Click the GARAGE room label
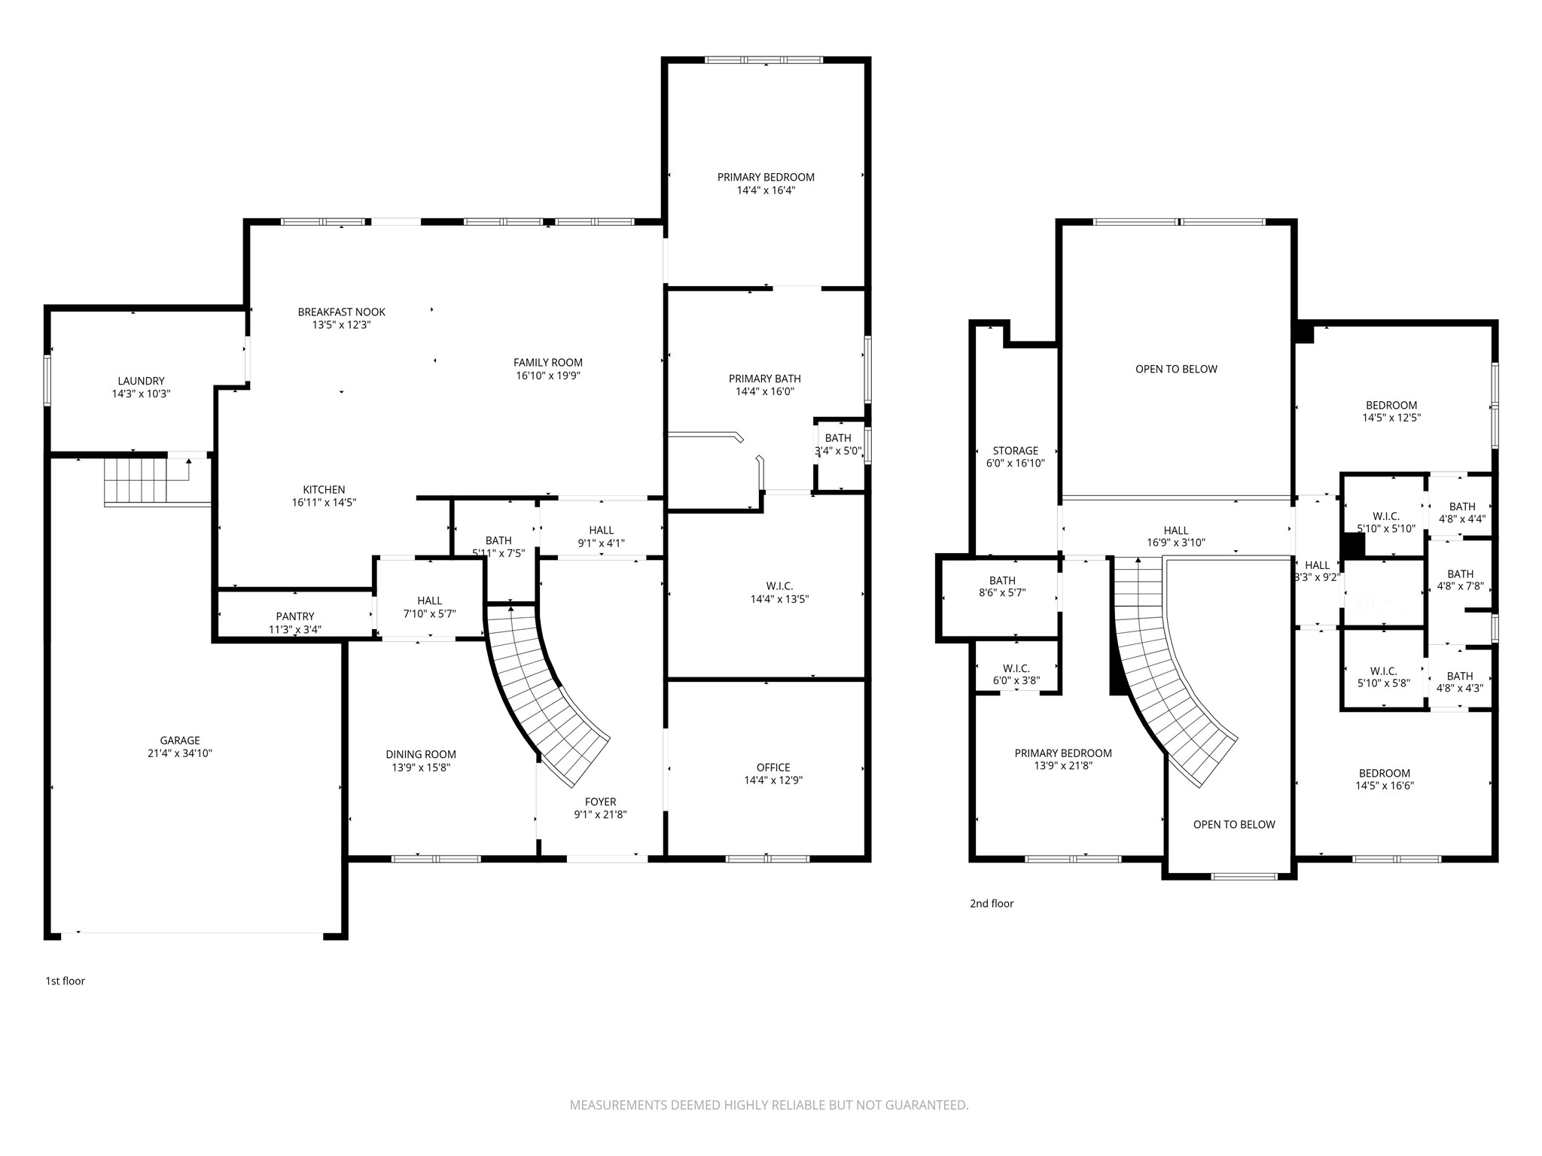coord(180,740)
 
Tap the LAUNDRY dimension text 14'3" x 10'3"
coord(141,394)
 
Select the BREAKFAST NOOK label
coord(341,312)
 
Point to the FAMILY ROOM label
coord(547,362)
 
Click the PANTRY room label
coord(294,616)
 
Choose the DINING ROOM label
coord(420,754)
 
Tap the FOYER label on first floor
coord(600,802)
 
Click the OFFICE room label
coord(773,768)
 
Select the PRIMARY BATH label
coord(764,379)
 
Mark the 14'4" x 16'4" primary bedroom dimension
coord(766,190)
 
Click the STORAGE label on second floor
coord(1015,451)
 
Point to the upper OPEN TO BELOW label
coord(1176,369)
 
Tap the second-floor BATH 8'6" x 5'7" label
coord(1002,586)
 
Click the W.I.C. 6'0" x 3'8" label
coord(1016,674)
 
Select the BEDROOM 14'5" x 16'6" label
coord(1384,779)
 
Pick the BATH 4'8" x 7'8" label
coord(1460,580)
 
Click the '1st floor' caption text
coord(66,981)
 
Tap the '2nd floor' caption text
coord(991,903)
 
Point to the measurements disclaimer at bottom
coord(769,1105)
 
